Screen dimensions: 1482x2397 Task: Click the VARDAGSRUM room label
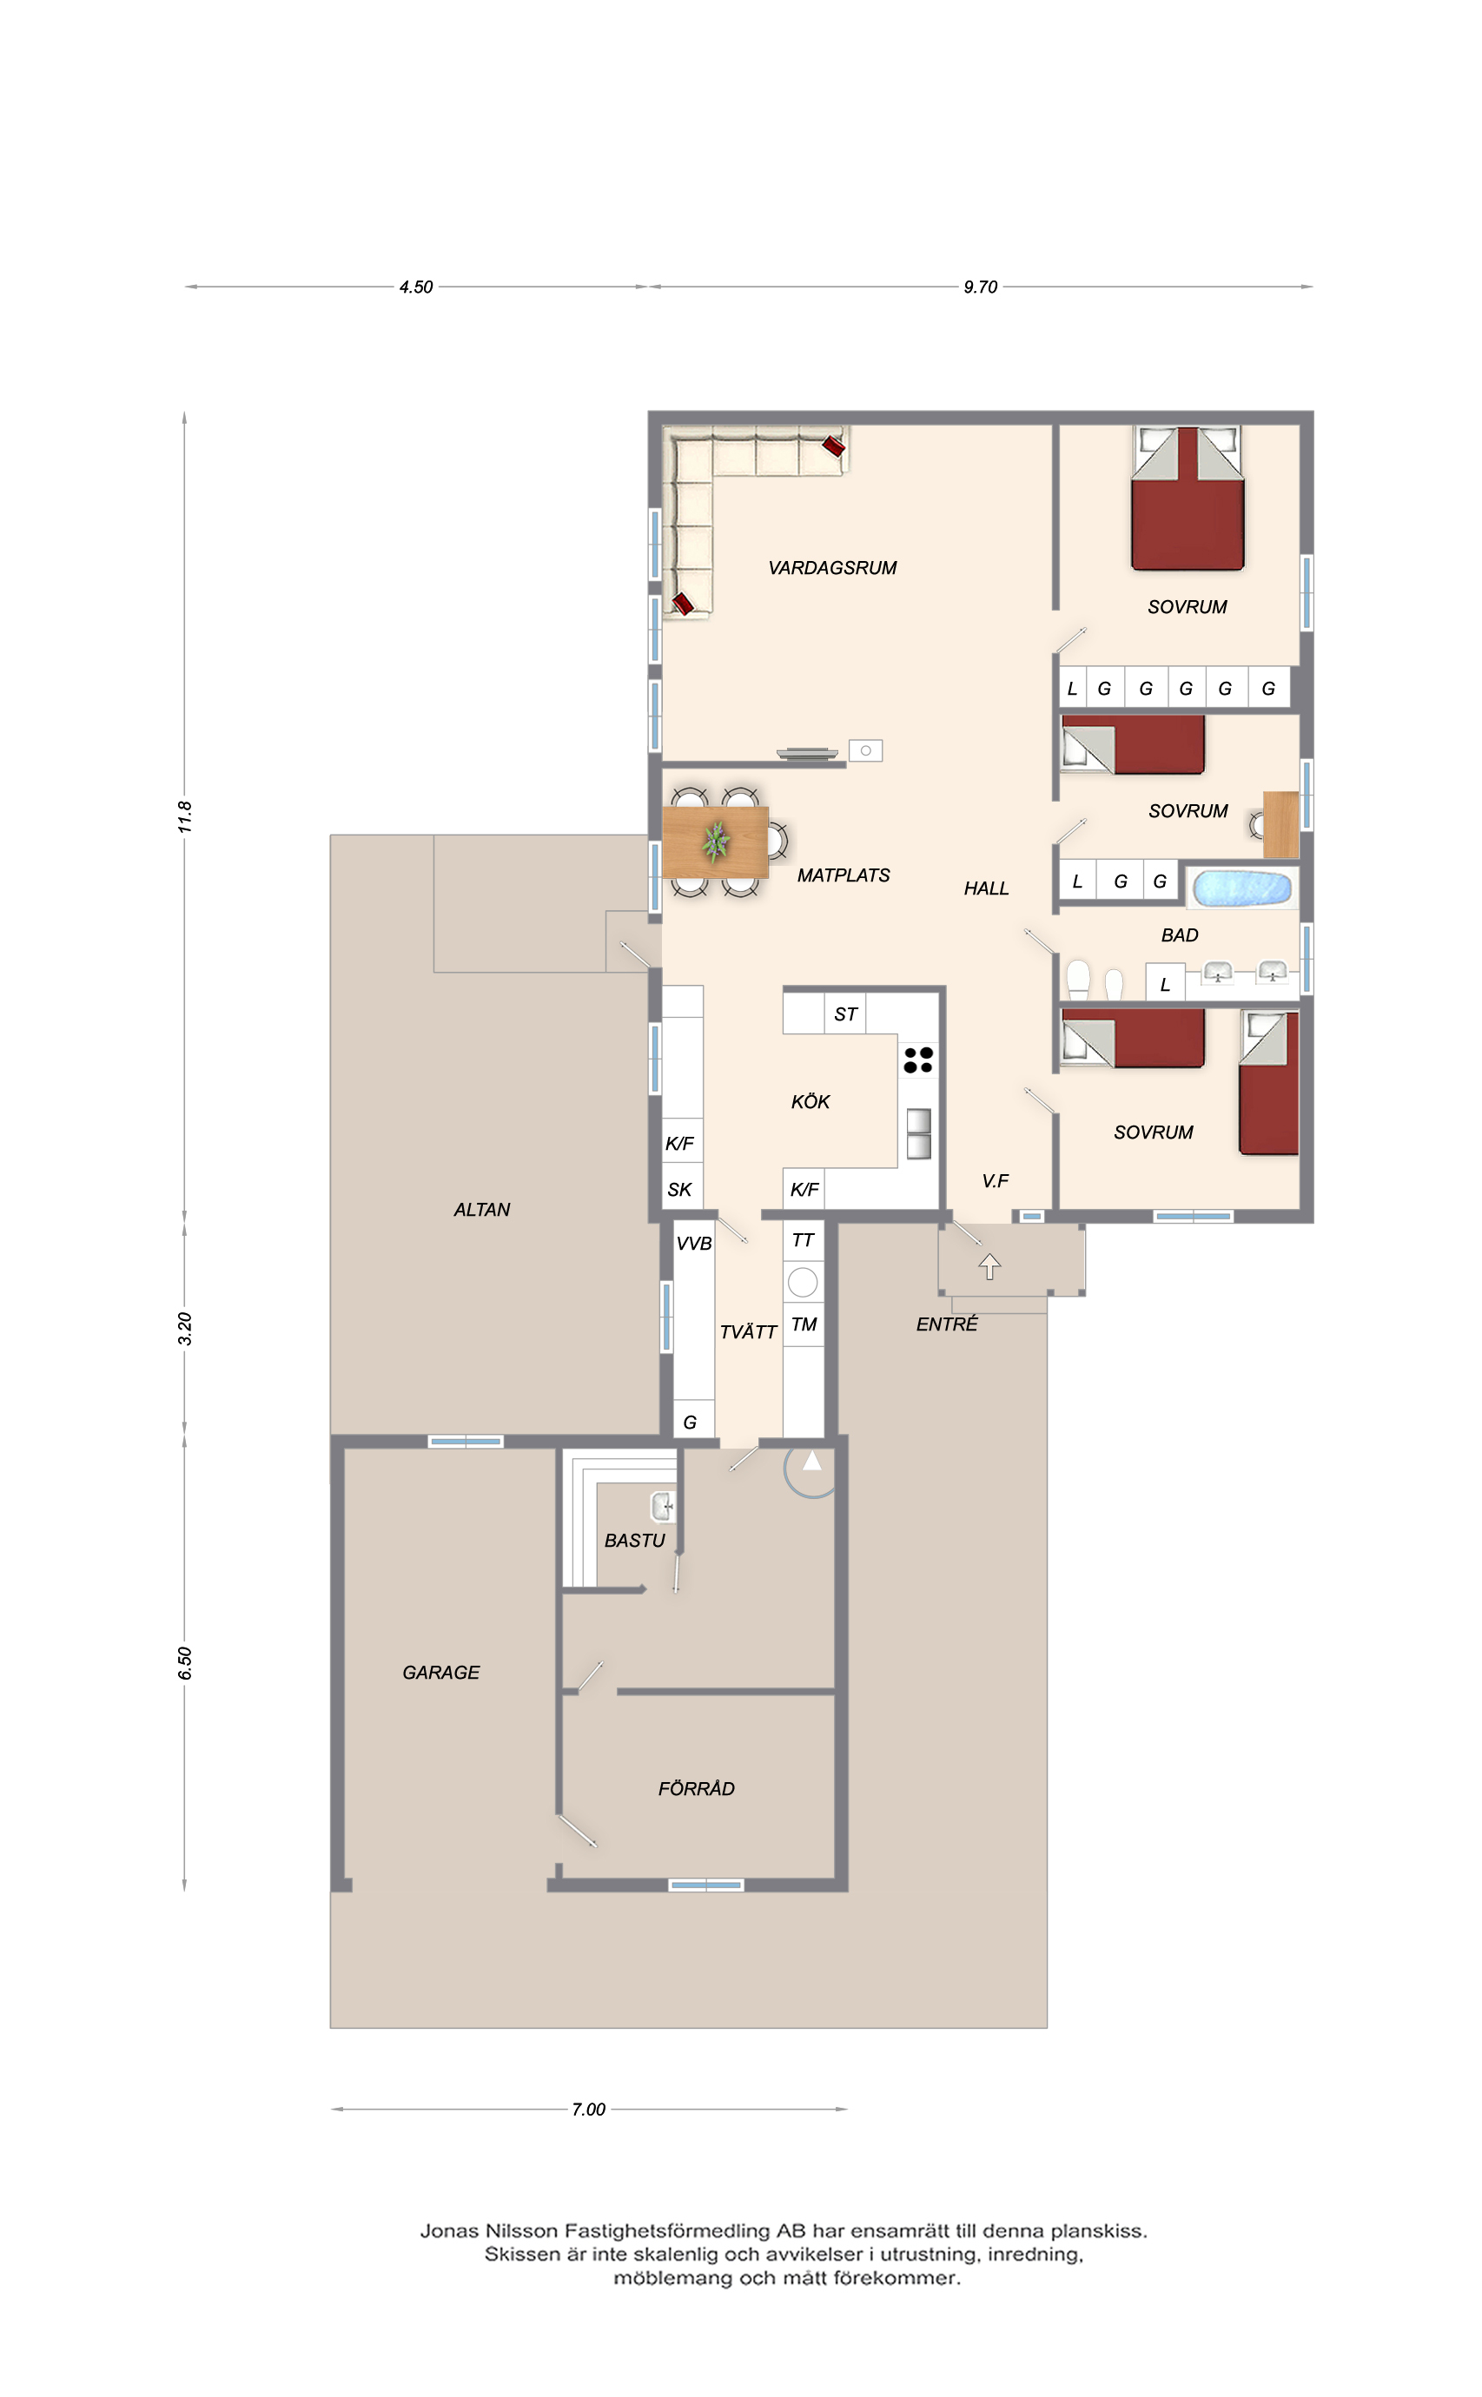(832, 568)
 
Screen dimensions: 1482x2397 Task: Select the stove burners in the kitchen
(918, 1060)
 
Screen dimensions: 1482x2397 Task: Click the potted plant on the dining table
(717, 841)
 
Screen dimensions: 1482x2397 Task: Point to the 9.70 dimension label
(980, 287)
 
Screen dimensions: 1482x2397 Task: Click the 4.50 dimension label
(415, 287)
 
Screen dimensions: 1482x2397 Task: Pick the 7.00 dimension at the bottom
(588, 2109)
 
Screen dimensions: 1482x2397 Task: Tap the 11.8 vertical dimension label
(184, 817)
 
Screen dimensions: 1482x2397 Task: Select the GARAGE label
(441, 1673)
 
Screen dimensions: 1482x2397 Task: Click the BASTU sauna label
(634, 1541)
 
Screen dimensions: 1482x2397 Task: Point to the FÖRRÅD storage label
(696, 1788)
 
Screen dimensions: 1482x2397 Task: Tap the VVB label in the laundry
(694, 1244)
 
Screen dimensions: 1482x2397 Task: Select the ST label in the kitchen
(845, 1014)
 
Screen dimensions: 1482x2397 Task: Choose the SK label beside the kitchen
(679, 1190)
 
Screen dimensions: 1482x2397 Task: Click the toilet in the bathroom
(1078, 978)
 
